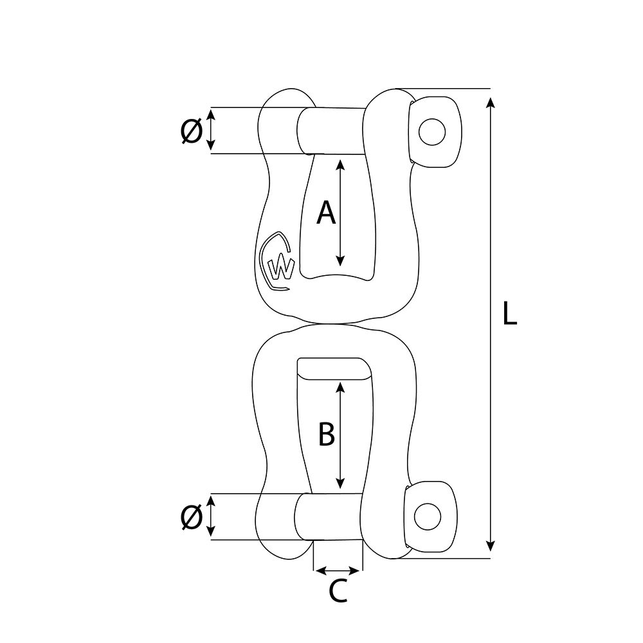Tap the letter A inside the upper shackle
[326, 212]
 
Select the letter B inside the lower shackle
[327, 434]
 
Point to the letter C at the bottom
[338, 591]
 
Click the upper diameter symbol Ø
[192, 131]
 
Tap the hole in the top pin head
[431, 131]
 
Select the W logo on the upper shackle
[279, 264]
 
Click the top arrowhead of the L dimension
[491, 103]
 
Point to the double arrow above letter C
[338, 570]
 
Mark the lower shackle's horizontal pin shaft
[331, 517]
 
